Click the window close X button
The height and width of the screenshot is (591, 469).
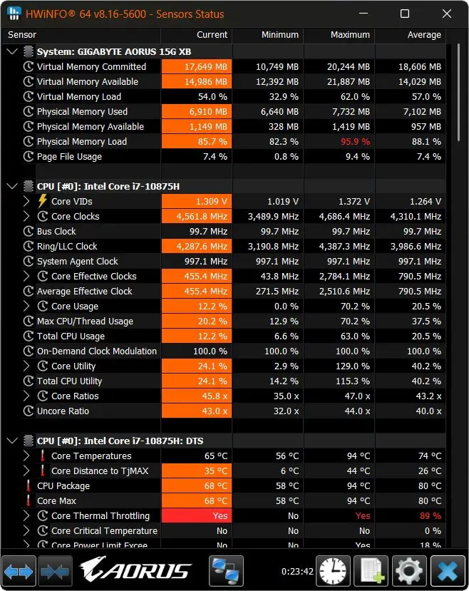point(447,14)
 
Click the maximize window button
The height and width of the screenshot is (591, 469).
point(405,14)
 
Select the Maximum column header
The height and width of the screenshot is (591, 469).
point(350,35)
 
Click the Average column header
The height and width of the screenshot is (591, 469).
point(424,35)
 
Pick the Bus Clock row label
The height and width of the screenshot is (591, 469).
point(56,232)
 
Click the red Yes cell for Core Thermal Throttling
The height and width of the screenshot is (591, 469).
point(197,515)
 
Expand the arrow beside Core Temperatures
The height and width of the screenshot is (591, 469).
point(26,456)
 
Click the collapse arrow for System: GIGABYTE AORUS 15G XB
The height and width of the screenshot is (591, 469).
point(12,51)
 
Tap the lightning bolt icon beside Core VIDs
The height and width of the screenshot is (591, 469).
point(43,201)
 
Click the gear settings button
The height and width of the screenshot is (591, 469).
point(409,571)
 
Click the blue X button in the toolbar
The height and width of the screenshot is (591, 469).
point(448,571)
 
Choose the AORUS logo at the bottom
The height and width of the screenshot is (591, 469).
point(135,570)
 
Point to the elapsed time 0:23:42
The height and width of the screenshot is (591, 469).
point(297,572)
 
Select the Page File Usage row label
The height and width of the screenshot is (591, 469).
point(69,157)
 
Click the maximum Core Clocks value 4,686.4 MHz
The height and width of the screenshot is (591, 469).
point(344,216)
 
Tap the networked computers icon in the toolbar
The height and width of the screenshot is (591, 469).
point(226,571)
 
